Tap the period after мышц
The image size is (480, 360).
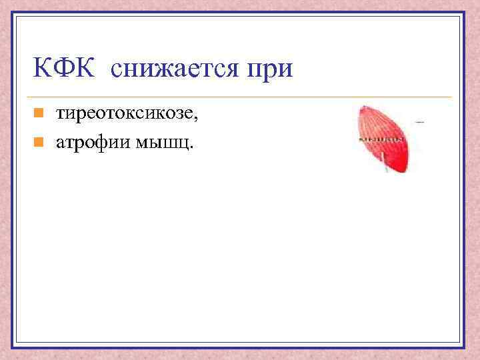(x=193, y=146)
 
